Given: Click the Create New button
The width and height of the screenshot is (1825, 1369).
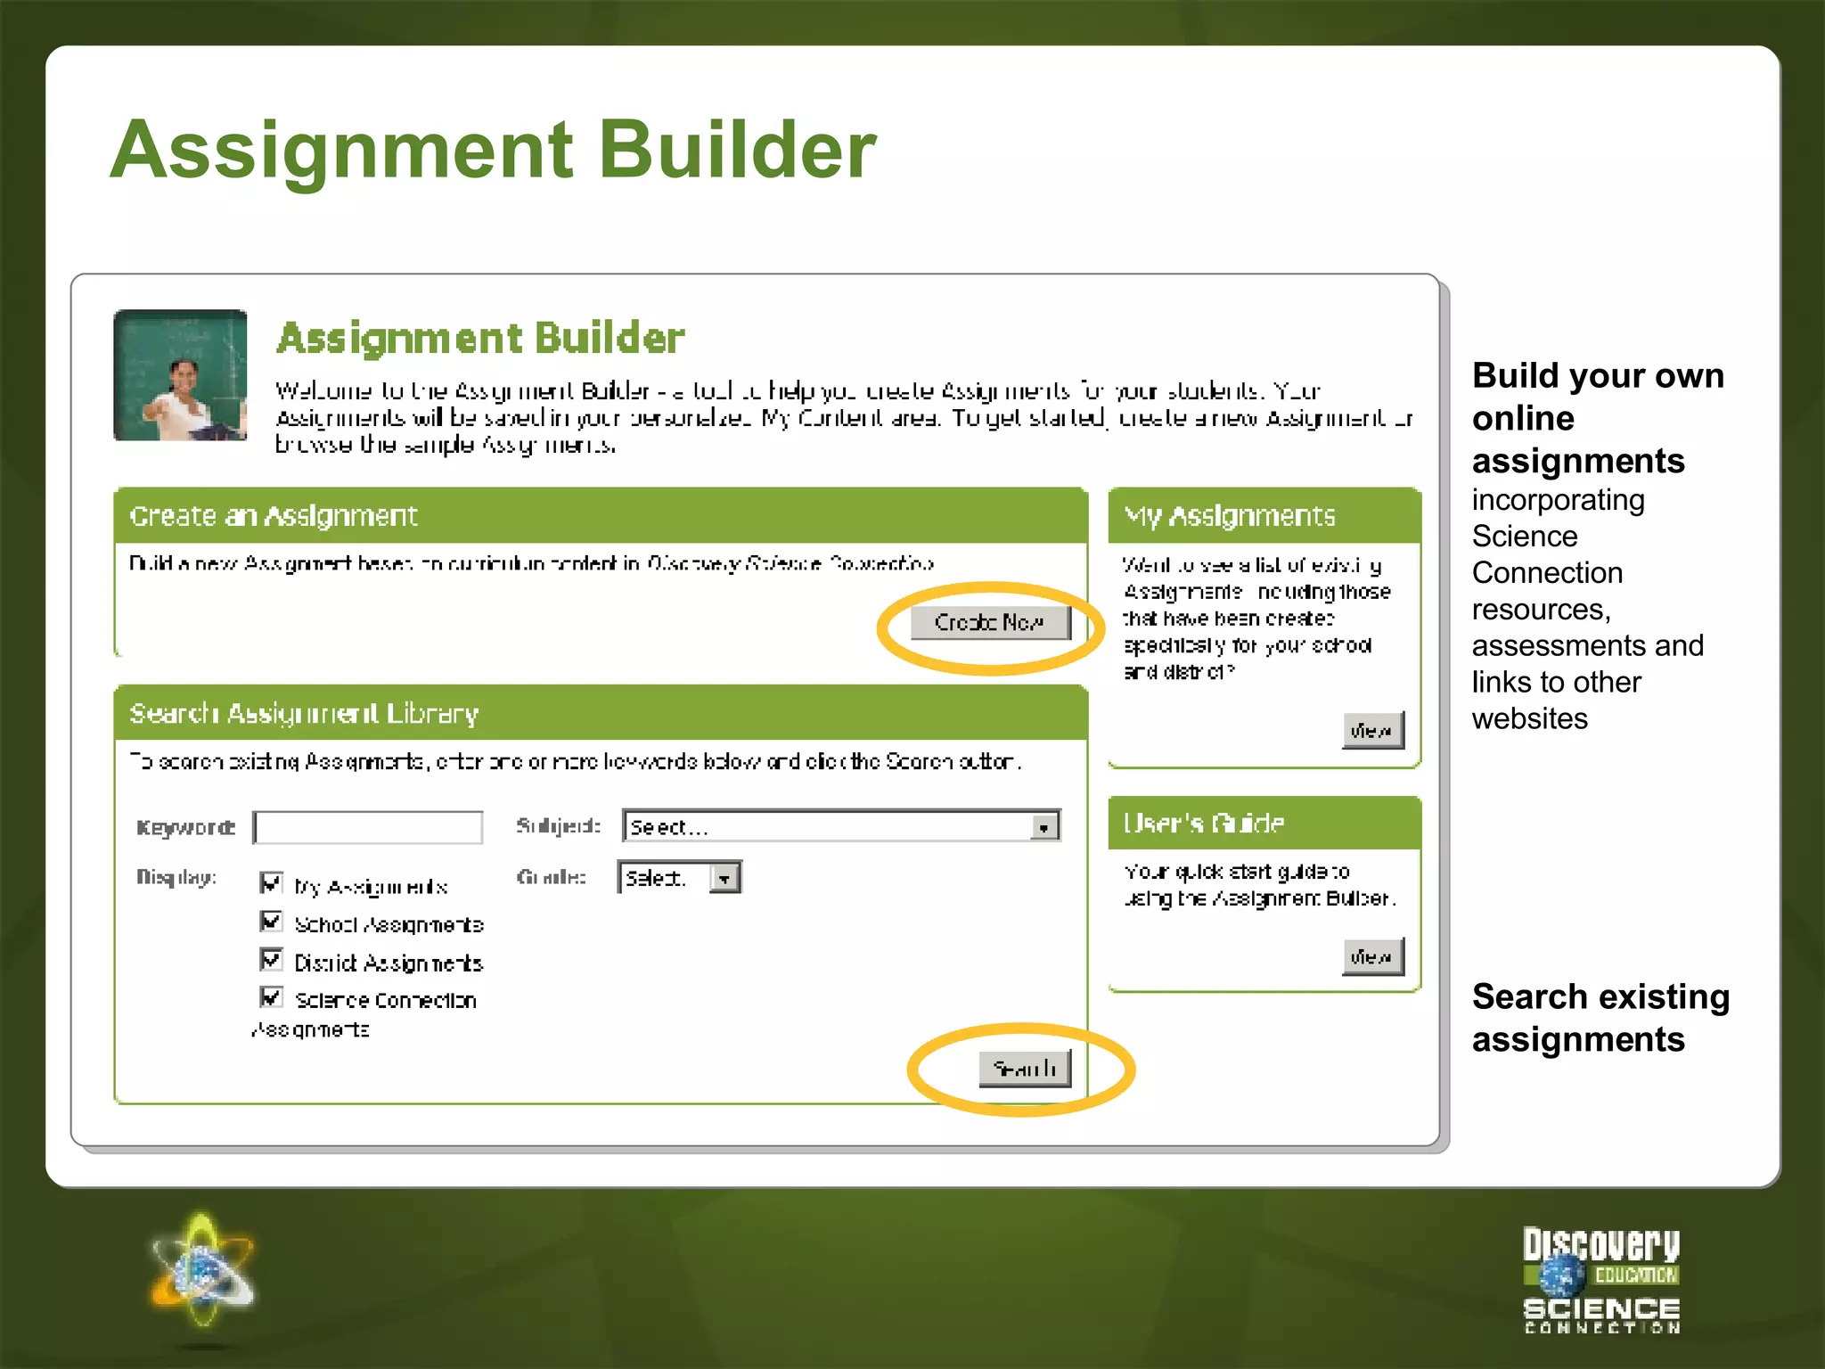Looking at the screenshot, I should point(989,622).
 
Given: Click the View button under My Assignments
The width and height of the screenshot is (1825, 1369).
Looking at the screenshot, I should point(1372,731).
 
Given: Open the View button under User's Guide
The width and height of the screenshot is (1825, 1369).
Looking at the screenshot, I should point(1372,956).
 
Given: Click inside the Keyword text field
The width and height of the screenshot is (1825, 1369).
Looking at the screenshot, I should point(369,827).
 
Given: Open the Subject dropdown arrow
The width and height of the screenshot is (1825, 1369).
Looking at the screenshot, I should point(1043,827).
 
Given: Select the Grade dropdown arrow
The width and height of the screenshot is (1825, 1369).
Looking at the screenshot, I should point(725,879).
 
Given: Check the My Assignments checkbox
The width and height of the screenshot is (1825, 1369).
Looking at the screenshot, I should point(271,882).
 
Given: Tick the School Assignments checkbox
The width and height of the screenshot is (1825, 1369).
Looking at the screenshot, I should point(271,921).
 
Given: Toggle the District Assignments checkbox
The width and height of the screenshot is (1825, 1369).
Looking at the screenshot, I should point(271,959).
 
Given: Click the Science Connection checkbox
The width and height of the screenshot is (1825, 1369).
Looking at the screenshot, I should point(271,996).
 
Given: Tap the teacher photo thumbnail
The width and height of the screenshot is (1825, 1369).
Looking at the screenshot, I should point(180,375).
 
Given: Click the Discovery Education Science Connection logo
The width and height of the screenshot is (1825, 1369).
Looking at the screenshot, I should point(1601,1280).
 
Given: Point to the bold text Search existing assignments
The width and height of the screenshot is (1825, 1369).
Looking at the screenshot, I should point(1600,1018).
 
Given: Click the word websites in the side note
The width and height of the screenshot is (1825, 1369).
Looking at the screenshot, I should point(1529,718).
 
